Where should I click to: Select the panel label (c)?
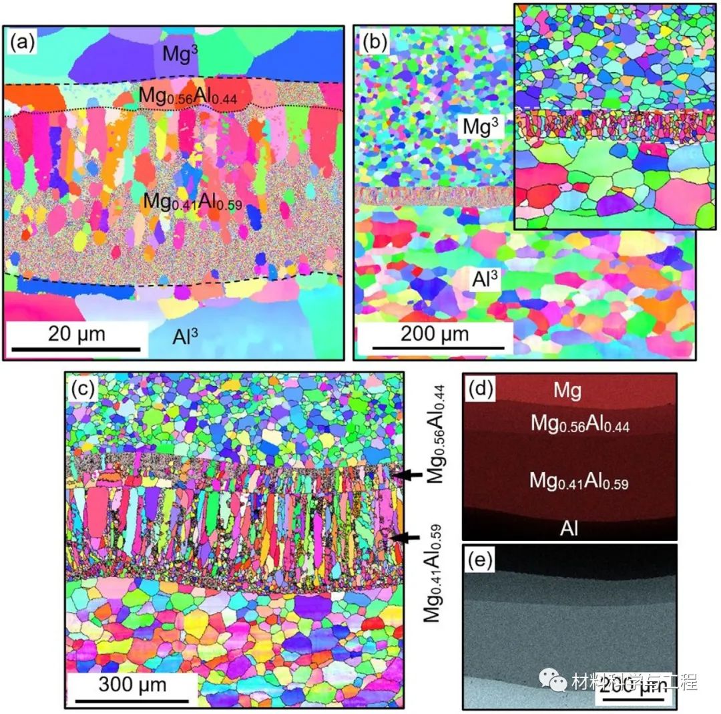[x=85, y=388]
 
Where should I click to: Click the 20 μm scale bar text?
[x=76, y=333]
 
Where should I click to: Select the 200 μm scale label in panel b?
[x=435, y=333]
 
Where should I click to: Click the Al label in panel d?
[x=569, y=528]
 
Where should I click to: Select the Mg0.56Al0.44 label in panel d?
[x=579, y=423]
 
